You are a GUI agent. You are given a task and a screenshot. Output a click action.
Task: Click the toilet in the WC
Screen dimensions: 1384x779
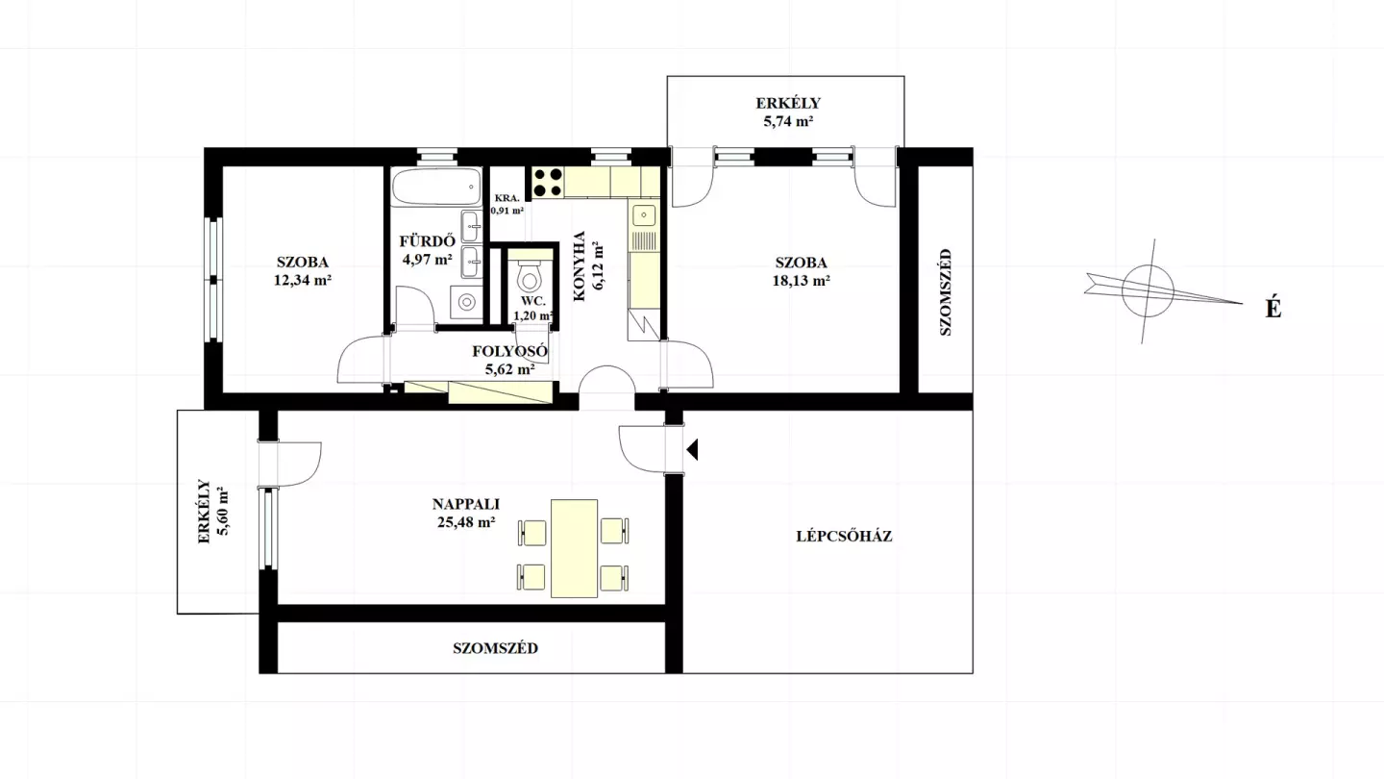(529, 276)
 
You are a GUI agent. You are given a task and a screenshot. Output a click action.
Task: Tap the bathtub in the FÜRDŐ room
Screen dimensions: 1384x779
(436, 187)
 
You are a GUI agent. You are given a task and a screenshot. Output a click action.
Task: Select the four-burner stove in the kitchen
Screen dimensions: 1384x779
(548, 183)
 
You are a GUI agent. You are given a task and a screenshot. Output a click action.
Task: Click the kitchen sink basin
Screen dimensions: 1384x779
(644, 215)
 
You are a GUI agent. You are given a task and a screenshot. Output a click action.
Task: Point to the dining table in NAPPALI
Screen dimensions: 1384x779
(574, 548)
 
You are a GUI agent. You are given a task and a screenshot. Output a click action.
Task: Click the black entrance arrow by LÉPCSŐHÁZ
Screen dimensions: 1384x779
(692, 449)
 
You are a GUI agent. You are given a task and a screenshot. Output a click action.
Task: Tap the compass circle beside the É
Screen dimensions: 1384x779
(1148, 290)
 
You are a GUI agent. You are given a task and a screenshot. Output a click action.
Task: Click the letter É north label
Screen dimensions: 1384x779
(1273, 308)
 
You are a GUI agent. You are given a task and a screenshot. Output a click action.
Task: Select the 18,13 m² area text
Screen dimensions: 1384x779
(801, 281)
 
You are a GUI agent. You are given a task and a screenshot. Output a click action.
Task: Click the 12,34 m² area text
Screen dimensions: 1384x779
(303, 280)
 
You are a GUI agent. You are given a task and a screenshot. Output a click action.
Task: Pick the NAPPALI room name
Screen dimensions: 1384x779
(466, 504)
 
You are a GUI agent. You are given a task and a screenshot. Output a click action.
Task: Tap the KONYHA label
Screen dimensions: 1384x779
(580, 266)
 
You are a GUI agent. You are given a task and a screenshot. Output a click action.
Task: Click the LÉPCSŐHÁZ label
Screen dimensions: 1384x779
(844, 536)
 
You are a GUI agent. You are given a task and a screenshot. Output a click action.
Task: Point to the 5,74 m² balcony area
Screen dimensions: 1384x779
(788, 121)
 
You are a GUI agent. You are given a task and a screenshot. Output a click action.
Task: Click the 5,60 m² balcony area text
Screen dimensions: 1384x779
(222, 512)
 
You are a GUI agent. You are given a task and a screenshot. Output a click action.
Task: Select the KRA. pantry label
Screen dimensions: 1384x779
(507, 198)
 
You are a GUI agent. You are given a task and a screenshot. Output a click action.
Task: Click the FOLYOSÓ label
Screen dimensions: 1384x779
(509, 351)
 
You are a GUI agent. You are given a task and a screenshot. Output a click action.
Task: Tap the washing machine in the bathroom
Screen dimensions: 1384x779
(466, 302)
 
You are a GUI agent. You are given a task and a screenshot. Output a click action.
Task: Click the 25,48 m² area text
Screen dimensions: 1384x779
(466, 522)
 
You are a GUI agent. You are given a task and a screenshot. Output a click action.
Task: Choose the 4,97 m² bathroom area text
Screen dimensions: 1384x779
(427, 259)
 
